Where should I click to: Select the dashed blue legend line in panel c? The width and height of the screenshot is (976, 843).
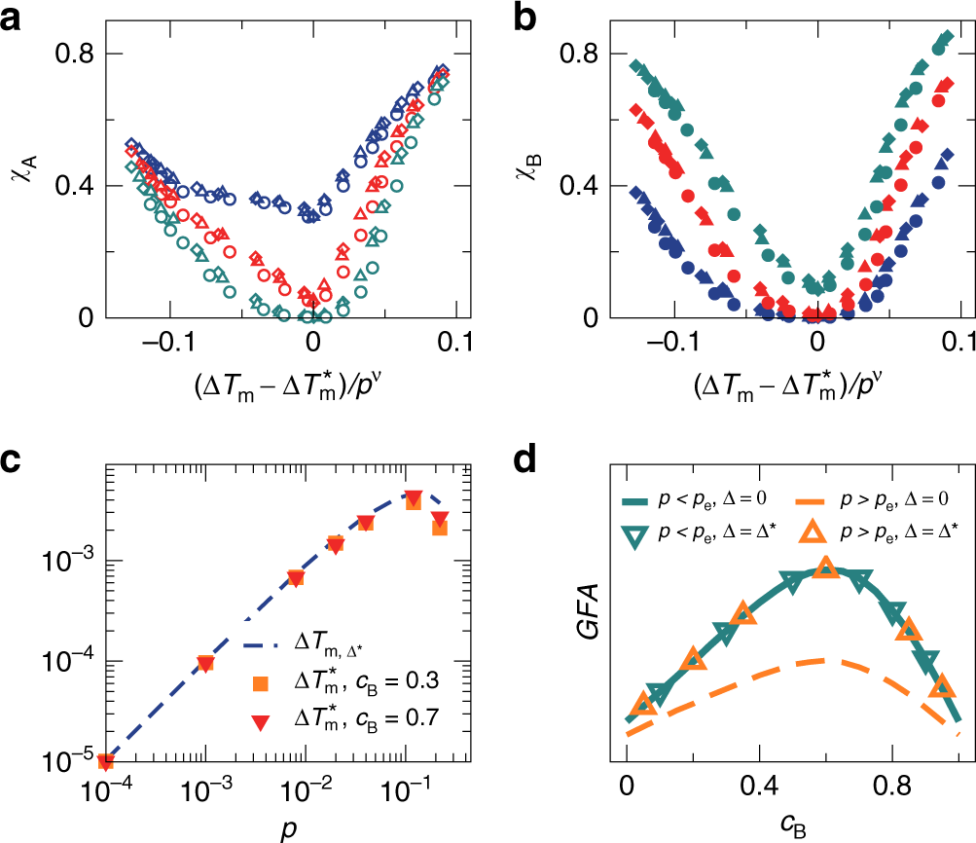click(x=260, y=644)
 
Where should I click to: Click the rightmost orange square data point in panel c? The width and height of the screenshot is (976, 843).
click(x=439, y=528)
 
